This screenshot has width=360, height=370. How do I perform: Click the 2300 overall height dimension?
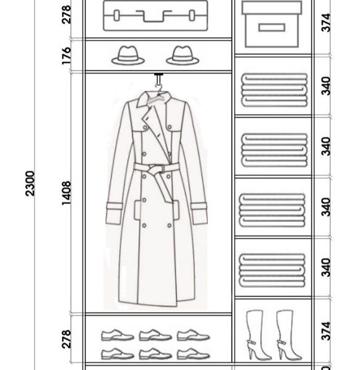pyautogui.click(x=30, y=183)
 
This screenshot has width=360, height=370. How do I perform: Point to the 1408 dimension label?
pyautogui.click(x=67, y=193)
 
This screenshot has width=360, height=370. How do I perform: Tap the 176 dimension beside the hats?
pyautogui.click(x=67, y=55)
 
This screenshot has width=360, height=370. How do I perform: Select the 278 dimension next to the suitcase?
pyautogui.click(x=67, y=14)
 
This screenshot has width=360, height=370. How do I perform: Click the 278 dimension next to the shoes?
pyautogui.click(x=67, y=339)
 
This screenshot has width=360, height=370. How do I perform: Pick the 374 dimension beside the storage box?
pyautogui.click(x=327, y=23)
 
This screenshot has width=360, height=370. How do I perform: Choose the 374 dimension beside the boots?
pyautogui.click(x=327, y=331)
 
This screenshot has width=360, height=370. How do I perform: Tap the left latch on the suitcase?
pyautogui.click(x=117, y=15)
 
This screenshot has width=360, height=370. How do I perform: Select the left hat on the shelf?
pyautogui.click(x=128, y=55)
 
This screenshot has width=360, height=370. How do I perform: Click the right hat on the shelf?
pyautogui.click(x=182, y=55)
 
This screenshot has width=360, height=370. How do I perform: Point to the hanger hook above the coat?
pyautogui.click(x=158, y=81)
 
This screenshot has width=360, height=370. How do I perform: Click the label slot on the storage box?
pyautogui.click(x=271, y=27)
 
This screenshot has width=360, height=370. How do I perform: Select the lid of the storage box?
pyautogui.click(x=272, y=7)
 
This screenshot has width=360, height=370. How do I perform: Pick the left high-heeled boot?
pyautogui.click(x=258, y=334)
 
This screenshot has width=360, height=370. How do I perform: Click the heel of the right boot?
pyautogui.click(x=280, y=353)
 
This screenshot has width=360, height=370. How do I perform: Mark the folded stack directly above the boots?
pyautogui.click(x=272, y=271)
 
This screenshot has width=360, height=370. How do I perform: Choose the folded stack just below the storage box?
pyautogui.click(x=274, y=90)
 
